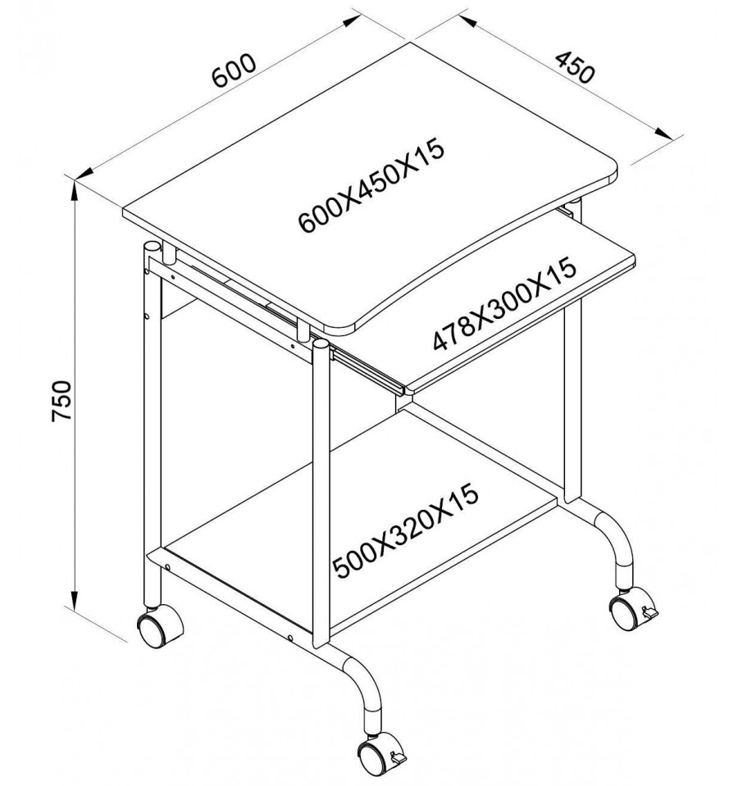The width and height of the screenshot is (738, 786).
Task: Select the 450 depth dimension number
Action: tap(575, 66)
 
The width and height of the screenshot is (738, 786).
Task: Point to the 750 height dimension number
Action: tap(62, 401)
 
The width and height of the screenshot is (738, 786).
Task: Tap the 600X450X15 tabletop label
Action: tap(371, 185)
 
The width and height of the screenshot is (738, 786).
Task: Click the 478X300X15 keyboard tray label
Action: tap(503, 304)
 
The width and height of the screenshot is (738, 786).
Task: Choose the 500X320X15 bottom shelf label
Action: tap(406, 531)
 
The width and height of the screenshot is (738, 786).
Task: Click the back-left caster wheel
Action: tap(159, 626)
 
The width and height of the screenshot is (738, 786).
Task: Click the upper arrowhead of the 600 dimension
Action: tap(351, 20)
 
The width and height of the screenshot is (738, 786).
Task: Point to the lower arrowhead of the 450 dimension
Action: tap(663, 132)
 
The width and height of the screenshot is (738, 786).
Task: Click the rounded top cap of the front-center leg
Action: tap(321, 344)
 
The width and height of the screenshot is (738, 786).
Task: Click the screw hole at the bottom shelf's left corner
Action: tap(167, 567)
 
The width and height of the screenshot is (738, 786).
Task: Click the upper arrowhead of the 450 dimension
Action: tap(467, 20)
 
